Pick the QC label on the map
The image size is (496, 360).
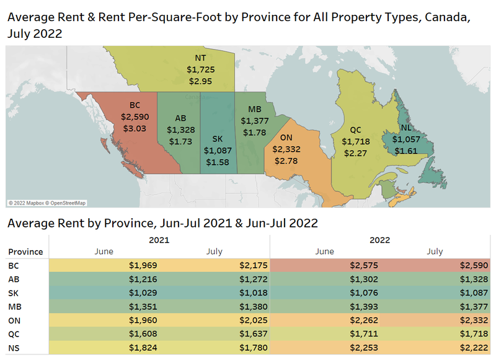[356, 130]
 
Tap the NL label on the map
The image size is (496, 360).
[406, 127]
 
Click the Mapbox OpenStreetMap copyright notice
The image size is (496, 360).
[47, 203]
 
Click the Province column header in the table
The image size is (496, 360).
[25, 252]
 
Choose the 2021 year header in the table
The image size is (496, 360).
[159, 239]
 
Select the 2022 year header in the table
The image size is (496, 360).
[379, 239]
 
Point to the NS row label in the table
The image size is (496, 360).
[13, 347]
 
